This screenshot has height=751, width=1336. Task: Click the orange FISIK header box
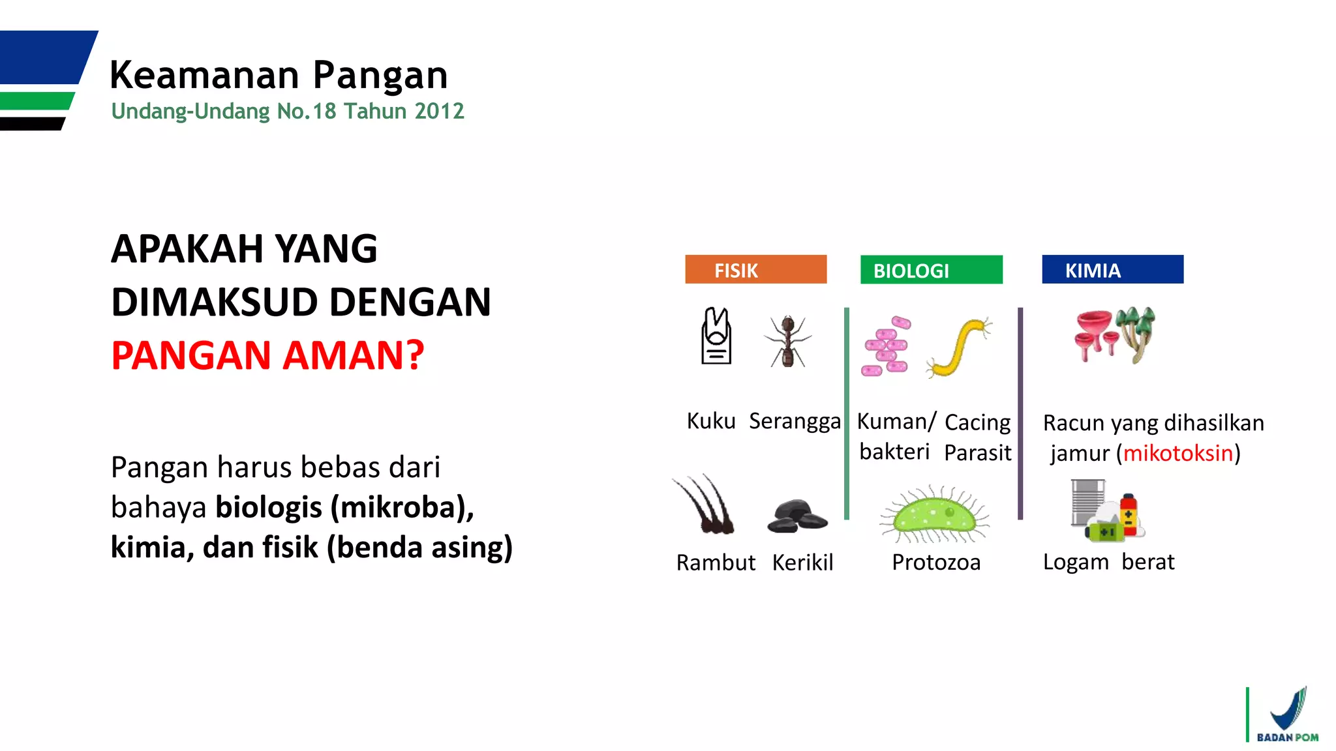click(755, 269)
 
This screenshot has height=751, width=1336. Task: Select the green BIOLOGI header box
click(931, 269)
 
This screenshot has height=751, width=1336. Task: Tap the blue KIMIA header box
click(1112, 269)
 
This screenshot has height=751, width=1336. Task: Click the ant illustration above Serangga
click(787, 341)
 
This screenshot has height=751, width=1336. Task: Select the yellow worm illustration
click(959, 348)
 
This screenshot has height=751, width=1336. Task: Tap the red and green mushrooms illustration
click(1114, 335)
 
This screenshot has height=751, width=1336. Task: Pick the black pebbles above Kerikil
click(797, 516)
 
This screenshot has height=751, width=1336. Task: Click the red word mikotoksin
click(1178, 453)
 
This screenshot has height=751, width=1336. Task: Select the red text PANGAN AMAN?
click(267, 355)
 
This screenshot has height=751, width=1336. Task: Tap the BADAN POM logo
click(1286, 715)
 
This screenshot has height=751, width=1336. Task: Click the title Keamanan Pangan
click(279, 75)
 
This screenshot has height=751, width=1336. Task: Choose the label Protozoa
click(935, 562)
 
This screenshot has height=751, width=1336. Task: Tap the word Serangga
click(794, 421)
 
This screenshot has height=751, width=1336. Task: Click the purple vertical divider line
click(1020, 413)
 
